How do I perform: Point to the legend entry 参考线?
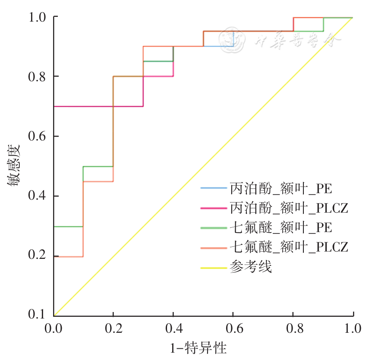pyautogui.click(x=251, y=267)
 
